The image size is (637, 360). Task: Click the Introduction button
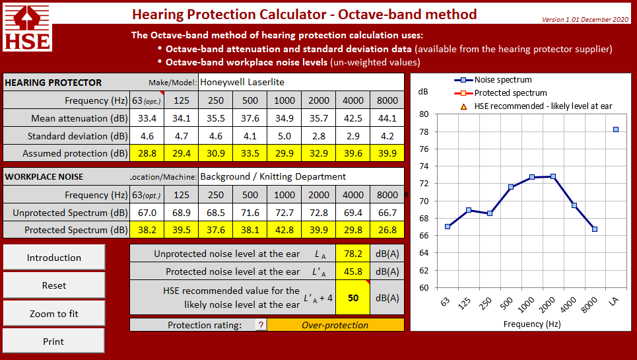pos(54,258)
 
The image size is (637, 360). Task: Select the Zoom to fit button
pos(54,314)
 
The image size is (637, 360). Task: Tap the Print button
pos(54,342)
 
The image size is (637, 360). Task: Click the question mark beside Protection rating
pos(261,325)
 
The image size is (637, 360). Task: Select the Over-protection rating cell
pos(335,325)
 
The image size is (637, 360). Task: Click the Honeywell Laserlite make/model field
pos(300,83)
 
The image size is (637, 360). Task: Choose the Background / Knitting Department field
pos(300,177)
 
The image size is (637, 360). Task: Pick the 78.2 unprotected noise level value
pos(353,254)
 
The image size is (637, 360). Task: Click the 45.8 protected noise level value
pos(353,271)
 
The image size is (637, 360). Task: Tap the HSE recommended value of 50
pos(353,298)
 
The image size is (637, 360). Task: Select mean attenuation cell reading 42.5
pos(353,118)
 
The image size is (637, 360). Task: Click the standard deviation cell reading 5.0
pos(285,136)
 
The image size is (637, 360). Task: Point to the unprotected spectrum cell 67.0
pos(147,213)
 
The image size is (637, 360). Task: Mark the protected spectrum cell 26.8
pos(387,230)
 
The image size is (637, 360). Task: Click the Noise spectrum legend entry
pos(495,80)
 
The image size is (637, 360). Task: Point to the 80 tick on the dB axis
pos(424,114)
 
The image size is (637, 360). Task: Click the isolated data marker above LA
pos(616,129)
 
